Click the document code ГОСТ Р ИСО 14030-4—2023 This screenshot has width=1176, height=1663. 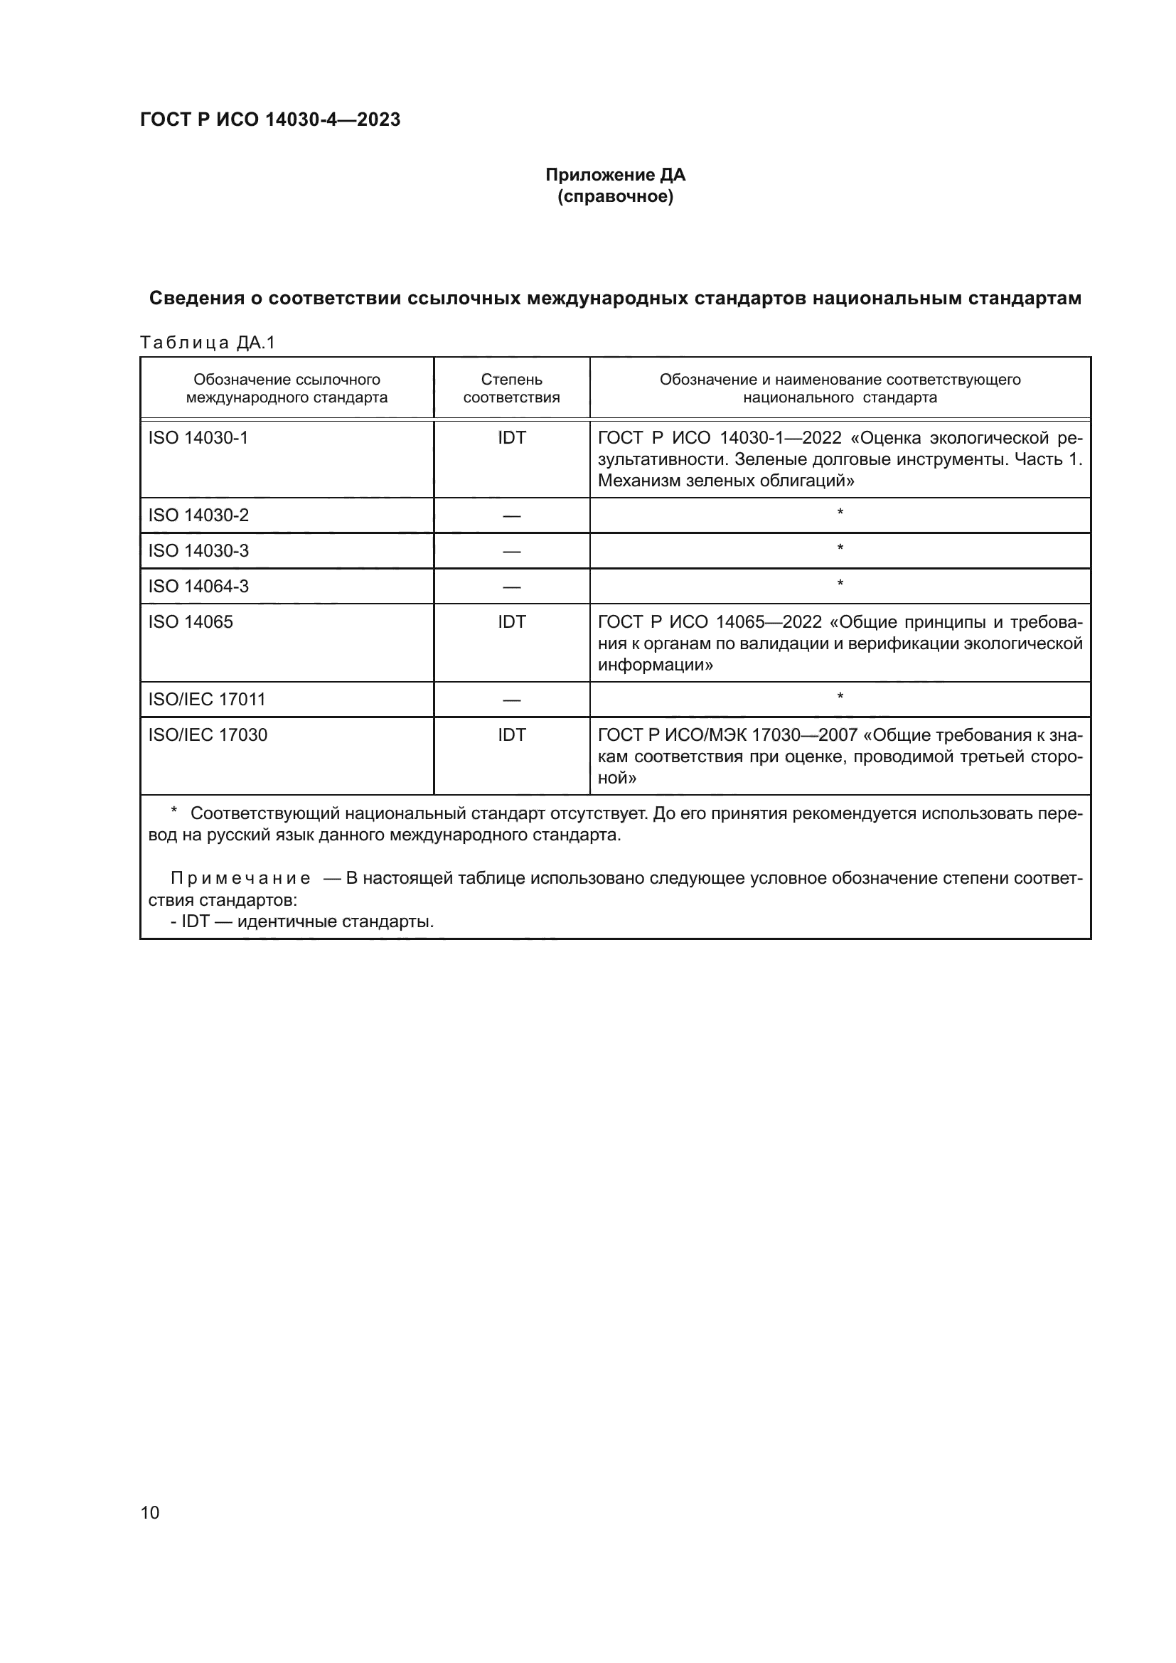(x=269, y=119)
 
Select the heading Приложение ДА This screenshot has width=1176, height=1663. (x=615, y=175)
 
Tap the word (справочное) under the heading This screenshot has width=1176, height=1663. (x=615, y=197)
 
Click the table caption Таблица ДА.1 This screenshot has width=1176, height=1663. (x=208, y=343)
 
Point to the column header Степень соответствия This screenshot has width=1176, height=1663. (x=511, y=388)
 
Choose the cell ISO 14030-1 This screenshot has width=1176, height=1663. (x=198, y=437)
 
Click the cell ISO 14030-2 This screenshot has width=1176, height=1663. (x=198, y=515)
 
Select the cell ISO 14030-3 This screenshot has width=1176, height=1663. (x=198, y=550)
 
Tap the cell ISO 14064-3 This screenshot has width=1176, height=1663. (x=198, y=586)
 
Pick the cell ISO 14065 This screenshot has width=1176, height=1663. (x=191, y=621)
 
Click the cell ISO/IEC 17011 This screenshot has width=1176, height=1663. (x=207, y=699)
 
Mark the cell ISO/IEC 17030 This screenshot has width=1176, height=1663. (x=208, y=734)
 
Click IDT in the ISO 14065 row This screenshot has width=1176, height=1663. (x=511, y=621)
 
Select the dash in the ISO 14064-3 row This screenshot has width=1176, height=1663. (x=511, y=587)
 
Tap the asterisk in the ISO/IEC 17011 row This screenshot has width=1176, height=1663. (x=840, y=697)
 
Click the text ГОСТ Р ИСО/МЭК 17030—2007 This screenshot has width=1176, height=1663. (x=727, y=735)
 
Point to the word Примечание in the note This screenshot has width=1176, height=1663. (x=240, y=879)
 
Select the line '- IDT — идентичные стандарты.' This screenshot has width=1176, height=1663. (x=302, y=921)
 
